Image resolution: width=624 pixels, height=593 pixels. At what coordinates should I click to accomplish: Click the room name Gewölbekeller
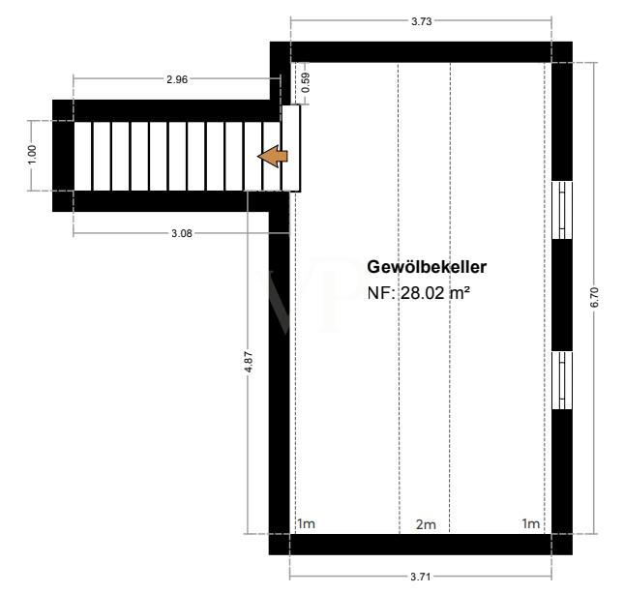426,267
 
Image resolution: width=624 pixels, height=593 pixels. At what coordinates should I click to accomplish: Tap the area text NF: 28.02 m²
418,291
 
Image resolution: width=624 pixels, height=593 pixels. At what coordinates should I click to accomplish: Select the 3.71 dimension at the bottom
420,577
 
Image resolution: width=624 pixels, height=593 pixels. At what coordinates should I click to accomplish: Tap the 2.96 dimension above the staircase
176,79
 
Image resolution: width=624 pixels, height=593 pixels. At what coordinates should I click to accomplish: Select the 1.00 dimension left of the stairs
32,155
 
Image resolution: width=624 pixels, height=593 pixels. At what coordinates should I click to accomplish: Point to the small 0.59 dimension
306,84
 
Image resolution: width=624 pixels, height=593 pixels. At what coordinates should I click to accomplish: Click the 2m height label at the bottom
426,524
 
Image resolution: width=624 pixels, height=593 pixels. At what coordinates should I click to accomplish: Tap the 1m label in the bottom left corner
306,524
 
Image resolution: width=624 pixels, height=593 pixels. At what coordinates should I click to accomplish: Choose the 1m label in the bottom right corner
531,524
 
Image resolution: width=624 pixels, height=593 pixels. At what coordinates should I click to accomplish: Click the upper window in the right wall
562,210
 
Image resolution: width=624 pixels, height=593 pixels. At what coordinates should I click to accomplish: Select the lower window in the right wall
562,380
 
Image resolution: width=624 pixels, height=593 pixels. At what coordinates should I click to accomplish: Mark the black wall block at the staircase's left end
63,156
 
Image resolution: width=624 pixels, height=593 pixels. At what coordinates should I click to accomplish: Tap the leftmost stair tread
83,156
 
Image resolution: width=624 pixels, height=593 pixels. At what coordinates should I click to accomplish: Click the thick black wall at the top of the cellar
420,52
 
